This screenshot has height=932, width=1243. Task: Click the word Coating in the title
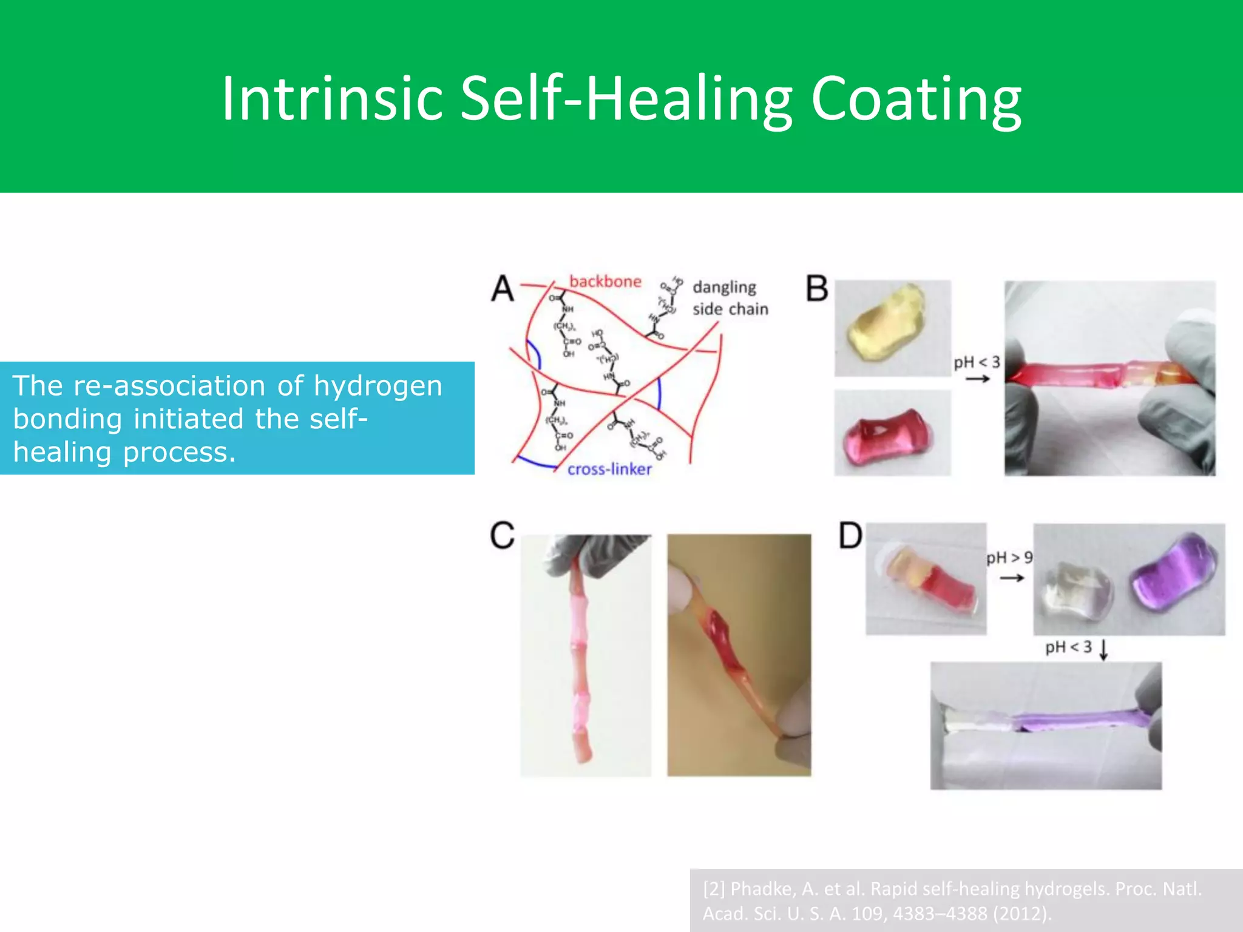tap(916, 99)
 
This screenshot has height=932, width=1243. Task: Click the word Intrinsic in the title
tap(332, 99)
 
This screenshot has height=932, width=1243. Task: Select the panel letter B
tap(817, 288)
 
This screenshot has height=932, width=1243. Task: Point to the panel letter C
tap(503, 536)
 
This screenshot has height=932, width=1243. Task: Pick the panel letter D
tap(850, 536)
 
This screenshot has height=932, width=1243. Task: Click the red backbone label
tap(605, 282)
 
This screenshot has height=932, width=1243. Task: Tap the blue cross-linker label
tap(609, 469)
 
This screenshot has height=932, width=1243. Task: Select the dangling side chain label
tap(730, 298)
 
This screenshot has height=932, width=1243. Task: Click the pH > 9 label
tap(1009, 558)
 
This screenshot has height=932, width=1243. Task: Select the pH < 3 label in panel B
tap(977, 363)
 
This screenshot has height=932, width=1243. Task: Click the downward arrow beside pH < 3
tap(1104, 649)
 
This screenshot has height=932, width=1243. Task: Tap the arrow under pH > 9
tap(1012, 578)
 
